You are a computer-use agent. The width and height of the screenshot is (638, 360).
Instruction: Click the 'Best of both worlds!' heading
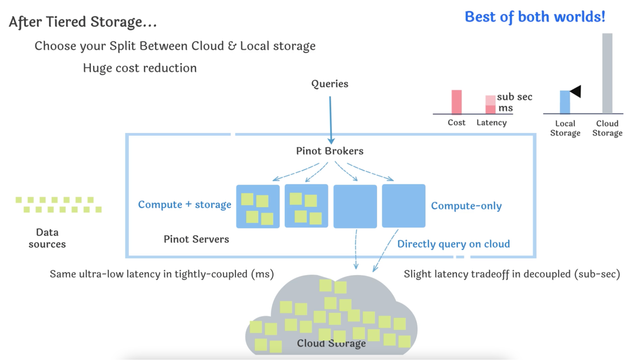(x=535, y=17)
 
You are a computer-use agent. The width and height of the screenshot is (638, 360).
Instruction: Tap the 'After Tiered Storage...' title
(x=83, y=22)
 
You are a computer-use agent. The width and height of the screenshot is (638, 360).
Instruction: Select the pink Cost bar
(x=456, y=102)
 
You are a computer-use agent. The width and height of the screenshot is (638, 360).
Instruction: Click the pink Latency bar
(x=490, y=104)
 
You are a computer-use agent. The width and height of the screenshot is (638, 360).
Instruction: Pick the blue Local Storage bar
(x=565, y=102)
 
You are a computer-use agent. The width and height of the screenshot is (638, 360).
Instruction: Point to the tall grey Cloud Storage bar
(x=607, y=73)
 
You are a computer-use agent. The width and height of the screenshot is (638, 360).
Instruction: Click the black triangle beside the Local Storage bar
(x=576, y=91)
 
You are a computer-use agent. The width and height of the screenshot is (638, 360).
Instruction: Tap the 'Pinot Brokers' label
(x=330, y=151)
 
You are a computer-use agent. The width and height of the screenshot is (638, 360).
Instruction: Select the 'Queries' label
(x=330, y=84)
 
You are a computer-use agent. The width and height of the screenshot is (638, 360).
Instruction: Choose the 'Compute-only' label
(x=466, y=206)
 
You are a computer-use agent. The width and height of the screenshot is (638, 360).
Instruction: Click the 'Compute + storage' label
(x=184, y=205)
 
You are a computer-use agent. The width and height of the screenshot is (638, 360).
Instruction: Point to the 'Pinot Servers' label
(x=196, y=239)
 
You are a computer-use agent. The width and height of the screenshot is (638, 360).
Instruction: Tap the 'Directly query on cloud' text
(x=454, y=244)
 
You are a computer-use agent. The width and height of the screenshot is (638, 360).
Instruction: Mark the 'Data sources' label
(x=47, y=238)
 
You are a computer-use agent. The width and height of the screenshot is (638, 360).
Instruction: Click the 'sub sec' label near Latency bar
(x=514, y=97)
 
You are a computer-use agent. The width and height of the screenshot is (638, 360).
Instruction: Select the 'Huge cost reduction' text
(x=140, y=68)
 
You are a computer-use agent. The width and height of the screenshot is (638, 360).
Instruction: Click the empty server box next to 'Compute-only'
(x=403, y=206)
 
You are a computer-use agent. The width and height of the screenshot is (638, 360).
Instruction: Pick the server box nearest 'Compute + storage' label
(x=258, y=206)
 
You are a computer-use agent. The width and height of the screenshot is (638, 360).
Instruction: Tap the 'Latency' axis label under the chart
(x=492, y=123)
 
